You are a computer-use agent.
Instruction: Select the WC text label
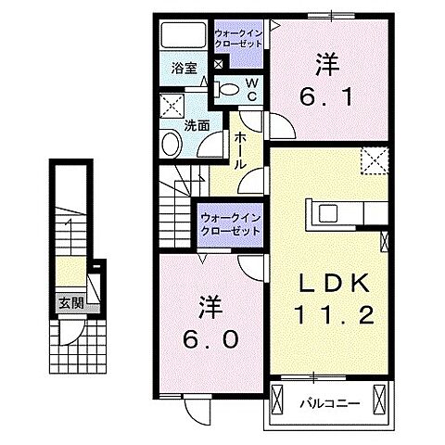coord(250,90)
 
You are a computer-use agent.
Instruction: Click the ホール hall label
coord(241,148)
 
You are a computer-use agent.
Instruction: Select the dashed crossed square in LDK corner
coord(376,159)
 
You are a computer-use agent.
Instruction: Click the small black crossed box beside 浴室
coord(217,66)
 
